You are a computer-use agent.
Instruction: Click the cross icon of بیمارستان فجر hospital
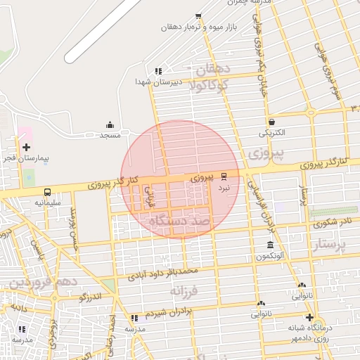point(26,147)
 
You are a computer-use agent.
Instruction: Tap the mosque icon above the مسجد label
point(110,124)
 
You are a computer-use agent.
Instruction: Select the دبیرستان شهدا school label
point(159,82)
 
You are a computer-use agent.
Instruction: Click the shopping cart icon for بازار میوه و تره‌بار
point(199,15)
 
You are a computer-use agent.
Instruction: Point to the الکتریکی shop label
point(272,132)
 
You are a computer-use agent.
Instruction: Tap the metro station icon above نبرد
point(224,176)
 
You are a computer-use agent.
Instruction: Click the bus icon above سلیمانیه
point(47,192)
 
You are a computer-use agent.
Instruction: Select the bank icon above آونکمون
point(271,245)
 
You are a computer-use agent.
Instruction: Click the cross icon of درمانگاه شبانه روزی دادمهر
point(309,317)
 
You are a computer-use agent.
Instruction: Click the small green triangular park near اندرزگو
point(108,285)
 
